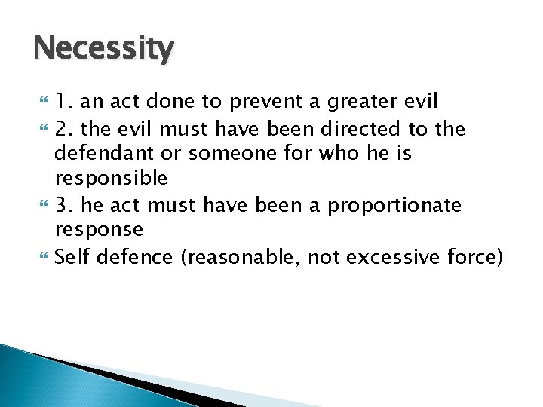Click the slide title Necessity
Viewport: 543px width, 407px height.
(x=103, y=50)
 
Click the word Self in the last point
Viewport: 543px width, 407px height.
(x=72, y=257)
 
